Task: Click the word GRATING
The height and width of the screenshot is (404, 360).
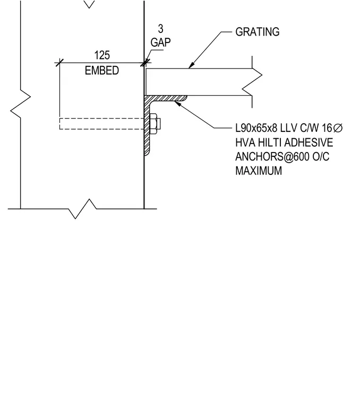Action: pos(258,32)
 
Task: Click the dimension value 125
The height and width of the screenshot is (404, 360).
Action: pos(102,55)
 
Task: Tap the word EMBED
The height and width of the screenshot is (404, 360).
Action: pos(102,70)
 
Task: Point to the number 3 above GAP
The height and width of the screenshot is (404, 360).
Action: pos(160,29)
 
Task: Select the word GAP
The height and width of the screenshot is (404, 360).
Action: pos(160,43)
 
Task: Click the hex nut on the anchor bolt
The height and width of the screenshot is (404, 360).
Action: pos(153,123)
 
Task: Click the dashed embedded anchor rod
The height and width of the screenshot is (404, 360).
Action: pos(101,124)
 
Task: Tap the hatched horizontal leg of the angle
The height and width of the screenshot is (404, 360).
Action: pos(166,98)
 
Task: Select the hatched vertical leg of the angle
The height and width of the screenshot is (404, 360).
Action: pos(147,126)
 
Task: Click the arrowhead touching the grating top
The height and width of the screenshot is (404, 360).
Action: pos(191,65)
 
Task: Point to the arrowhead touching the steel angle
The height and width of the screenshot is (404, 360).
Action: pos(177,104)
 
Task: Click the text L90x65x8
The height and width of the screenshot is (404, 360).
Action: pos(256,128)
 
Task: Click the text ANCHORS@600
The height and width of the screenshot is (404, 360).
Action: pos(272,157)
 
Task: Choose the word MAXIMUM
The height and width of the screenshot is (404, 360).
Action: pos(259,171)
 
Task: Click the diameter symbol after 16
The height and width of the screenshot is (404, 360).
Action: pos(338,128)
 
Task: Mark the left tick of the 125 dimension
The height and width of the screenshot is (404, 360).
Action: pos(59,63)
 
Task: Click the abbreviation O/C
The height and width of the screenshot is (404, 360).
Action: pos(321,157)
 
